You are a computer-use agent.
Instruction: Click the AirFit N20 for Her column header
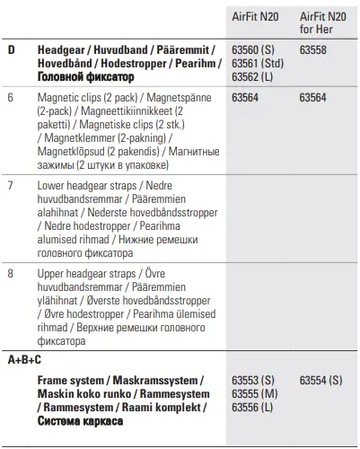(x=322, y=22)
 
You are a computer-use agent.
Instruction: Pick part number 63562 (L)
(x=250, y=77)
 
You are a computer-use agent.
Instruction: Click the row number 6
(x=10, y=97)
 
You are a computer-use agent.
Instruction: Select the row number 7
(x=10, y=185)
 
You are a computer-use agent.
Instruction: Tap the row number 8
(x=10, y=273)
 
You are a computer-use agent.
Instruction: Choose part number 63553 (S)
(x=251, y=381)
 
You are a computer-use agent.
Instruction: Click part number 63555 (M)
(x=252, y=393)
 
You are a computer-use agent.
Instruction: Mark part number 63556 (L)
(x=251, y=407)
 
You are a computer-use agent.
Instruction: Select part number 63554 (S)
(x=320, y=381)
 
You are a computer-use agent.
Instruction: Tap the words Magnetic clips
(x=71, y=97)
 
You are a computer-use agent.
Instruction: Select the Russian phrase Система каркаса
(x=80, y=420)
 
